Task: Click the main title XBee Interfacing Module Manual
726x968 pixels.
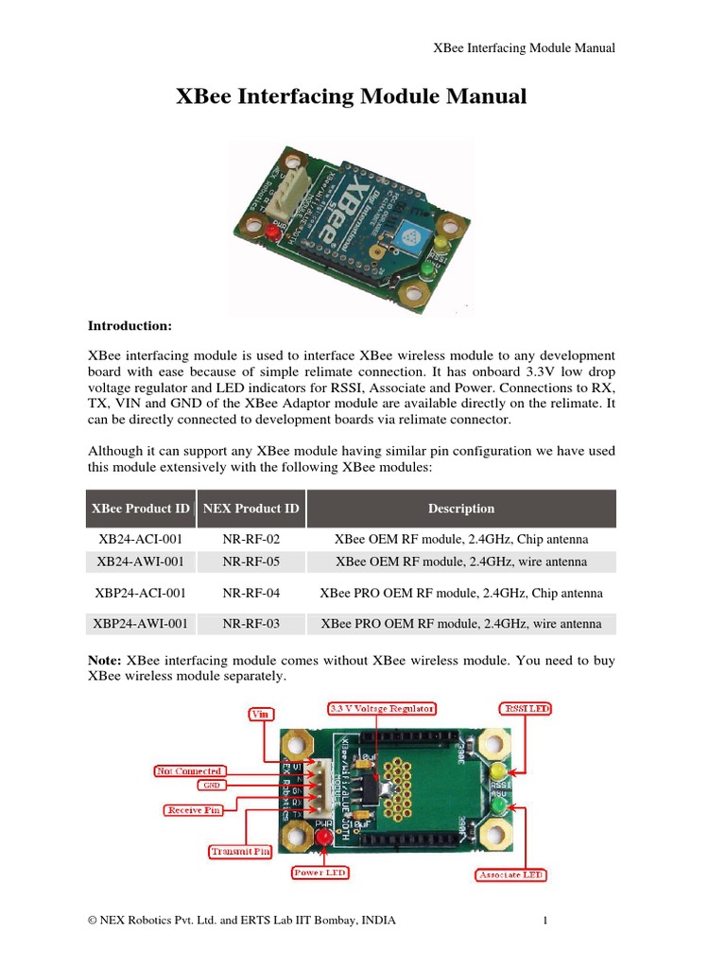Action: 351,96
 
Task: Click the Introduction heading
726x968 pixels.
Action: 130,326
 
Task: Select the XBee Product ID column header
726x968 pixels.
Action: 140,509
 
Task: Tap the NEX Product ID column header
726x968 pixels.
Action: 251,509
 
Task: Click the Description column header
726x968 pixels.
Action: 461,509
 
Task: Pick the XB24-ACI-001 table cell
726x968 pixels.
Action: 140,539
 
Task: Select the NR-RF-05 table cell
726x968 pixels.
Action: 251,562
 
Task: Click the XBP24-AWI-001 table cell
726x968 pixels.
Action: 140,623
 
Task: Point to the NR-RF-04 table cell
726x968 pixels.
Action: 251,593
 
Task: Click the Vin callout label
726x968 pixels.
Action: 258,715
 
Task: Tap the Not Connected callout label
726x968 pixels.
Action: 188,771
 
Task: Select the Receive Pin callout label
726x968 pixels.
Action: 194,809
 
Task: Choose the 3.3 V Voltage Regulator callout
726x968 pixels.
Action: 381,707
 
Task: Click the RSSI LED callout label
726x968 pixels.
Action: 525,707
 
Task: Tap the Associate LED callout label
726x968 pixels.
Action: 510,876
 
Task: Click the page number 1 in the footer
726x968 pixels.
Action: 545,920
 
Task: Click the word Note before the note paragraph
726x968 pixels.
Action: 104,660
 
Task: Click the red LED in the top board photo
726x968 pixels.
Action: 272,231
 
